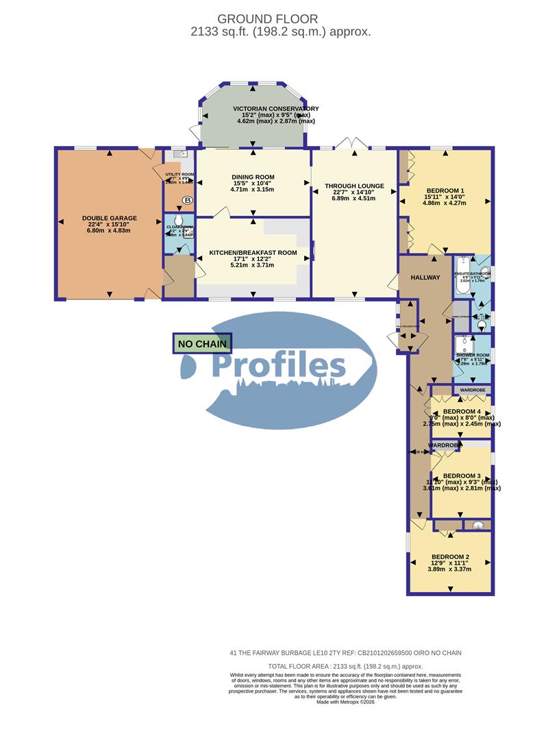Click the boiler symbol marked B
[187, 201]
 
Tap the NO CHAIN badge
[203, 343]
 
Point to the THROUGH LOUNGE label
[354, 186]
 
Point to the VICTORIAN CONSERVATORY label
[275, 109]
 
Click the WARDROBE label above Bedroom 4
[472, 390]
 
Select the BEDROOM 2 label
[449, 557]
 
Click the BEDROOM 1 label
[445, 190]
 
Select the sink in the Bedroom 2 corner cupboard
[478, 526]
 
